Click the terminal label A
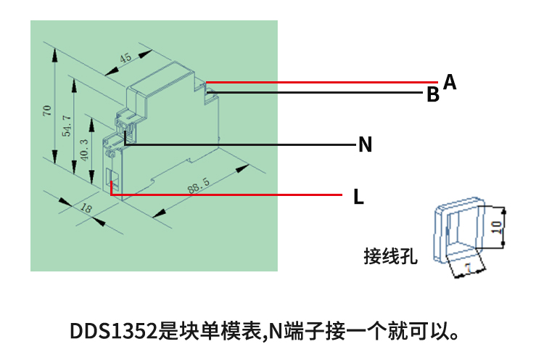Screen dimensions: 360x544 pos(450,82)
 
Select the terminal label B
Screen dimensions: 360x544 pos(432,95)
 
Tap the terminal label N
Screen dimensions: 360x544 pos(366,145)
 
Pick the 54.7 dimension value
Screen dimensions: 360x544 pos(67,126)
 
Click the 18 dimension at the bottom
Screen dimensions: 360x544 pos(86,209)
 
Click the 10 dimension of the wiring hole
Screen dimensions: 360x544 pos(496,226)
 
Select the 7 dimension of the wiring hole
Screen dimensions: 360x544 pos(468,269)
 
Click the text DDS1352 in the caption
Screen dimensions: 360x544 pos(113,332)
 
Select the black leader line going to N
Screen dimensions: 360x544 pos(247,145)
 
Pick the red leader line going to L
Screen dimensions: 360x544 pos(232,195)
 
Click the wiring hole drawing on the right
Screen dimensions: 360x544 pos(457,232)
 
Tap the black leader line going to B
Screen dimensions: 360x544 pos(319,93)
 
